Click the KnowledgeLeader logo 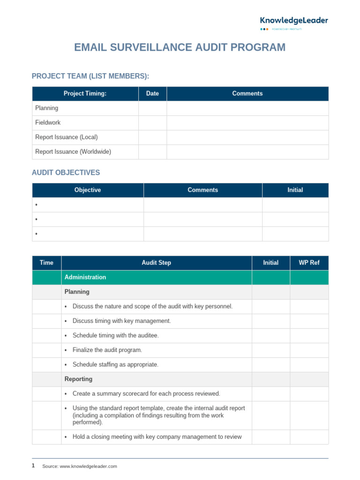tap(294, 21)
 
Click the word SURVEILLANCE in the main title tap(145, 47)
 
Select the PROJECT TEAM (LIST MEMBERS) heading tap(90, 76)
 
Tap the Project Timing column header tap(85, 93)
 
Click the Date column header tap(152, 93)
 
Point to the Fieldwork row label tap(48, 122)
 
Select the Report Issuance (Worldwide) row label tap(73, 151)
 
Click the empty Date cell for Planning tap(152, 108)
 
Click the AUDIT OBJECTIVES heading tap(66, 172)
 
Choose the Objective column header tap(88, 190)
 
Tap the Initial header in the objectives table tap(295, 190)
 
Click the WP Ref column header tap(309, 262)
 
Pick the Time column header tap(46, 262)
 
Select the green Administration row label tap(85, 277)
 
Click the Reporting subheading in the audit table tap(78, 379)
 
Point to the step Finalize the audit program tap(107, 350)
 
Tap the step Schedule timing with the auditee tap(115, 335)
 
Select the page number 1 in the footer tap(33, 465)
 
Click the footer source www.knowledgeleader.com tap(88, 466)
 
